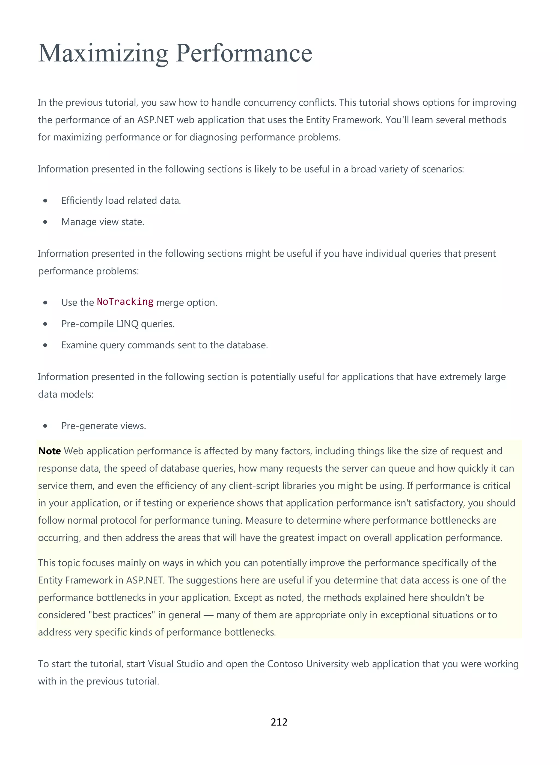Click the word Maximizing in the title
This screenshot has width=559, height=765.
(103, 54)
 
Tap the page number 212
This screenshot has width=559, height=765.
(279, 722)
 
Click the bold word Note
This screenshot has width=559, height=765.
(49, 451)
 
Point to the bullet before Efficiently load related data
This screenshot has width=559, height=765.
(45, 201)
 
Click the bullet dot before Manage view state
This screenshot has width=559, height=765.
(45, 222)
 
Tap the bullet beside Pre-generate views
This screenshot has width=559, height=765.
(45, 426)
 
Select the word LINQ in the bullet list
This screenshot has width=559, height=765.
(127, 324)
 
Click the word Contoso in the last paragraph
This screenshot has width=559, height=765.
(285, 664)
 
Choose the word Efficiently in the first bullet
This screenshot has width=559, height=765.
(82, 201)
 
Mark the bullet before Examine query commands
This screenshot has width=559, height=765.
(45, 345)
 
